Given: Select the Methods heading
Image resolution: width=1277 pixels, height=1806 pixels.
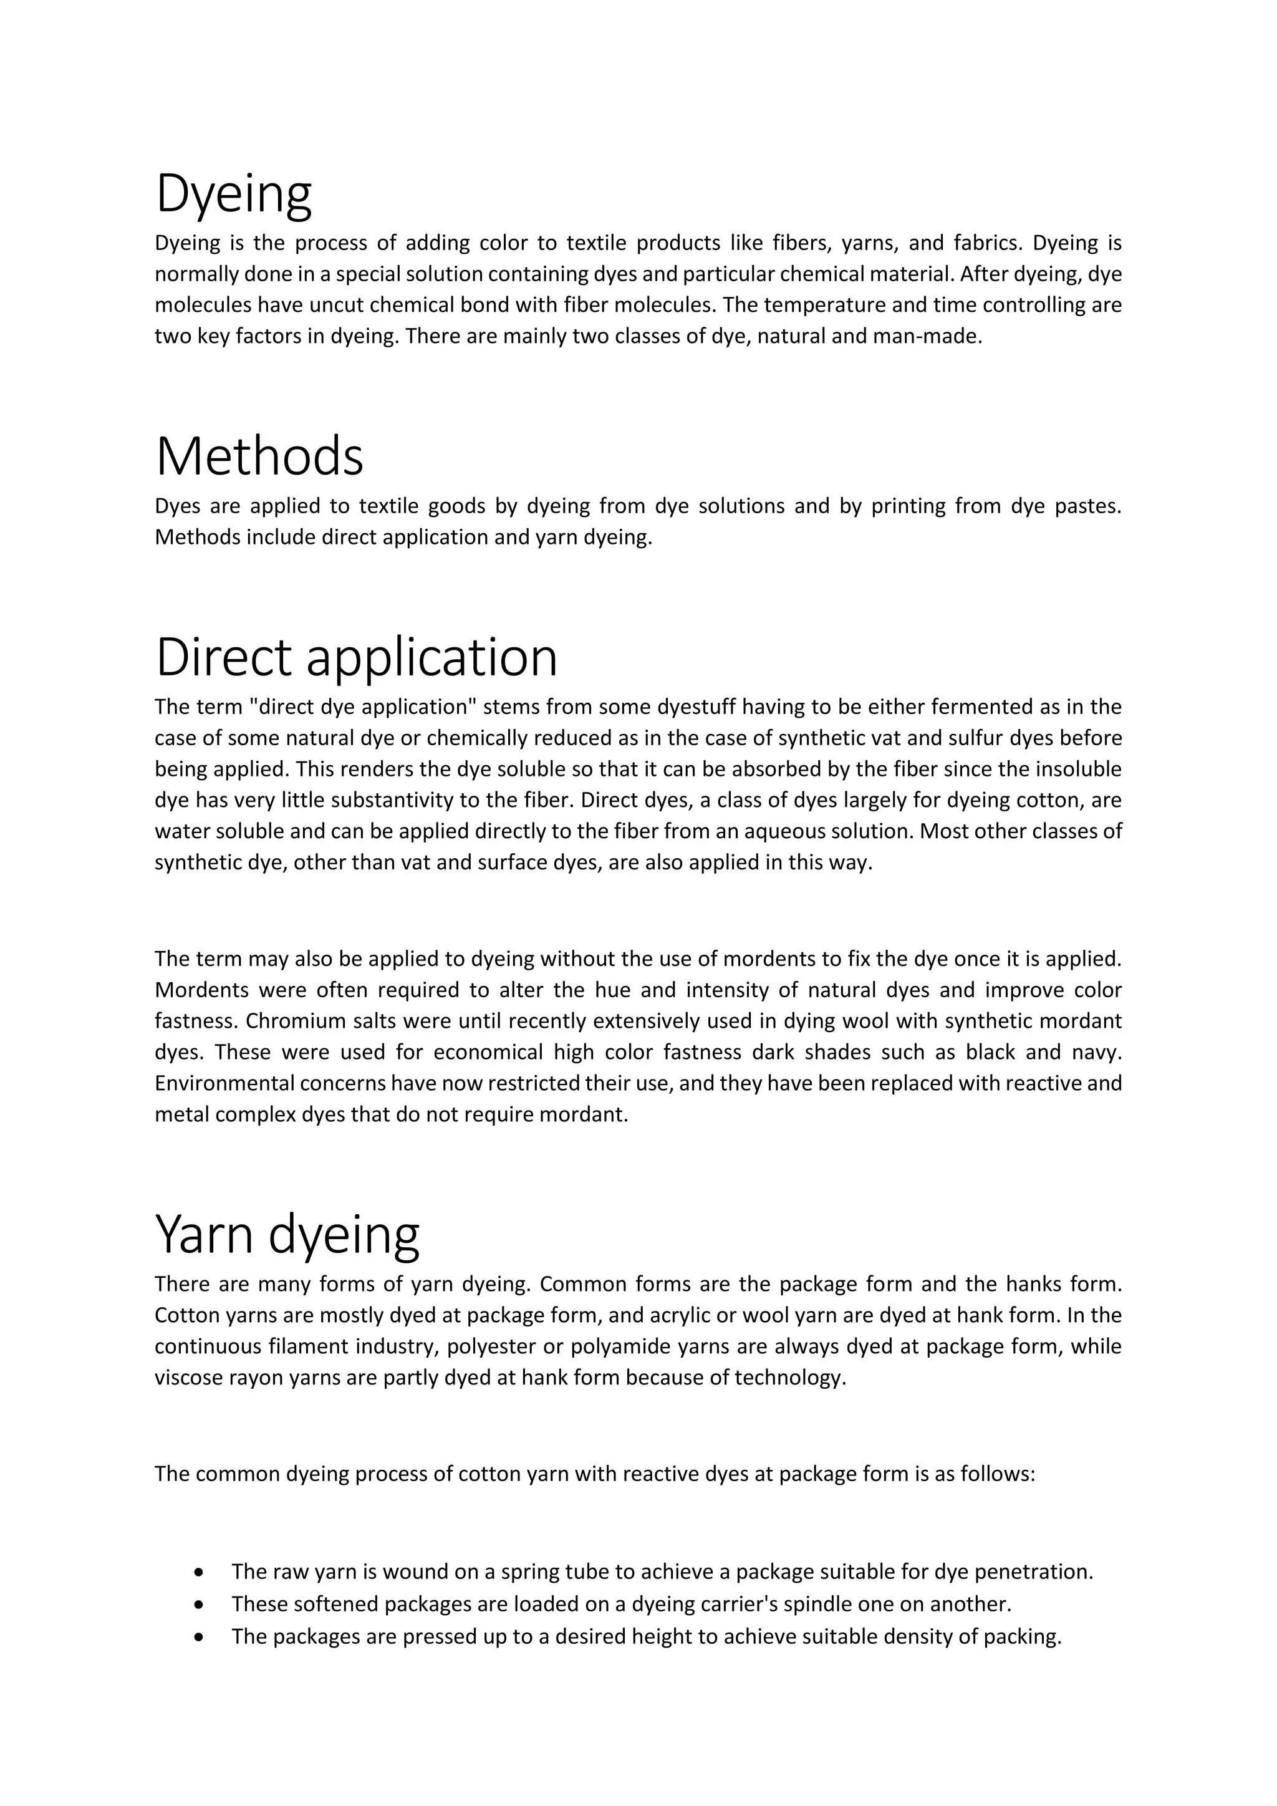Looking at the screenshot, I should (259, 456).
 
